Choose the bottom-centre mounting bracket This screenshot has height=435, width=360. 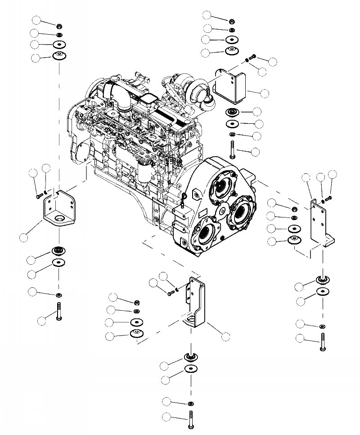(196, 306)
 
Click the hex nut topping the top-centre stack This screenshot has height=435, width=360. (231, 20)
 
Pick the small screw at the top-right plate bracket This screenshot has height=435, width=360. (252, 57)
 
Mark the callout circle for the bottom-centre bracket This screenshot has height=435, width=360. (226, 336)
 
